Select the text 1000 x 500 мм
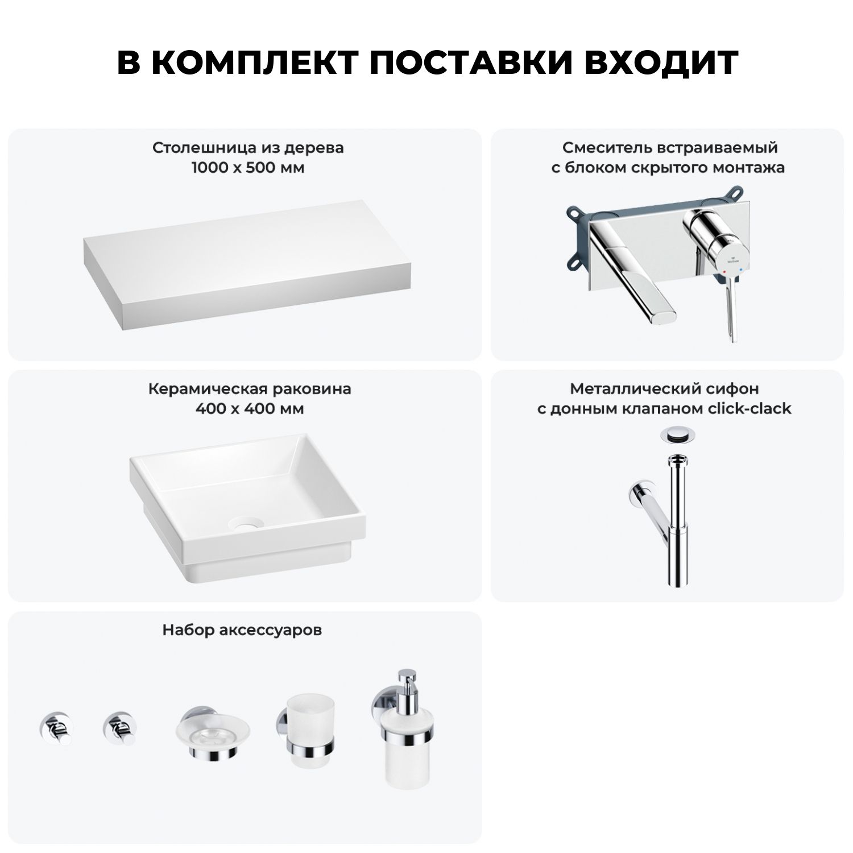[248, 168]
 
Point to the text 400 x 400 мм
[250, 409]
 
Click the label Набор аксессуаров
[242, 630]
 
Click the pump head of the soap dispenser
[407, 682]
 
